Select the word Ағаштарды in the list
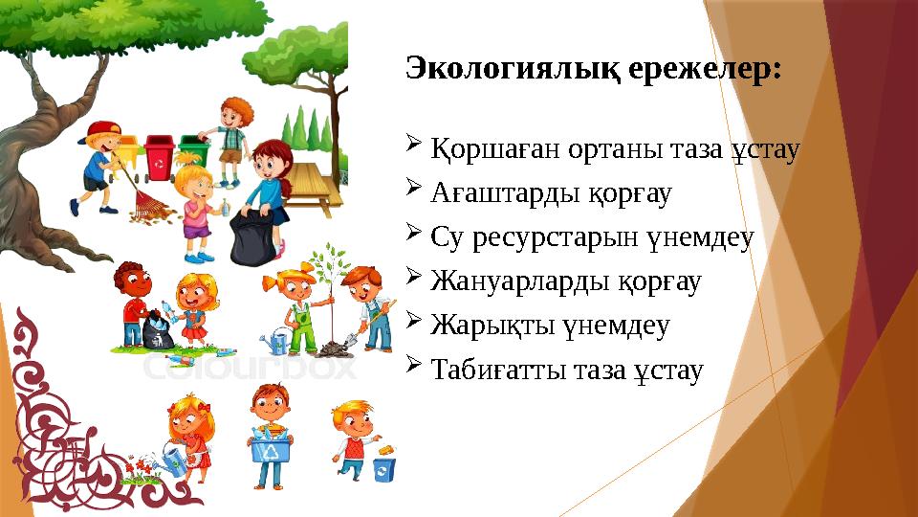(x=498, y=194)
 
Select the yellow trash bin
(x=129, y=158)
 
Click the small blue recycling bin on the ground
(x=383, y=470)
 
